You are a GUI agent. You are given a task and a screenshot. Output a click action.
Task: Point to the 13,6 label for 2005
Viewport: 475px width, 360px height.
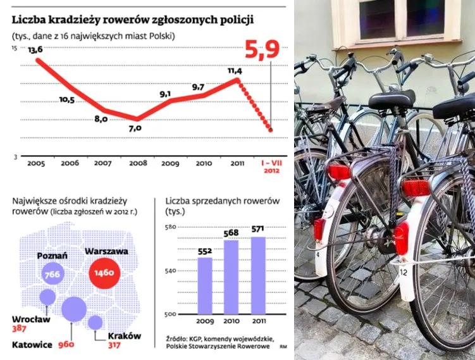click(x=35, y=49)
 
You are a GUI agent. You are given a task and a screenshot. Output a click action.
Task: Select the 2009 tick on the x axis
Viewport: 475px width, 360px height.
click(x=170, y=163)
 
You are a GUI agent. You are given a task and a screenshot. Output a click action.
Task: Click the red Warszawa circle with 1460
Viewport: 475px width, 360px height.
click(x=103, y=273)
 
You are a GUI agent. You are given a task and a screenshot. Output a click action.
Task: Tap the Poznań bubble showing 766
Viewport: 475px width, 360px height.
click(x=52, y=274)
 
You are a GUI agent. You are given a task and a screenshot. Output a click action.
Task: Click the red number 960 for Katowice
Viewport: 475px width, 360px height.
click(x=66, y=344)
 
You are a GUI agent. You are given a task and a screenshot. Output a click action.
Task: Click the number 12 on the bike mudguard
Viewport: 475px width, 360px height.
click(x=403, y=272)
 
